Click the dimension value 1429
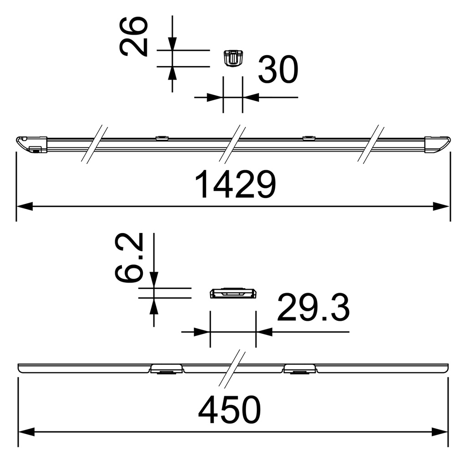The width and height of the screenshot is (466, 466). [x=235, y=185]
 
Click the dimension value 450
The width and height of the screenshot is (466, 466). [x=230, y=410]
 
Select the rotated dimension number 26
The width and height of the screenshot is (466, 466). [x=134, y=36]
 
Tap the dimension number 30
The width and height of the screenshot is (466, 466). [x=278, y=70]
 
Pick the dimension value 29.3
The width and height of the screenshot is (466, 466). [x=314, y=308]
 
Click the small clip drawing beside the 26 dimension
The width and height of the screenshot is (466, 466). [x=233, y=58]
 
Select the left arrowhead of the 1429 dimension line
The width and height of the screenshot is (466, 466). [x=25, y=207]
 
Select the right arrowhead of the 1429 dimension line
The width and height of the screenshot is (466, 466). [x=441, y=207]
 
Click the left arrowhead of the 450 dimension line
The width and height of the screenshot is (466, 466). [x=26, y=431]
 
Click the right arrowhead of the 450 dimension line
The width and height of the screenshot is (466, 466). [x=440, y=431]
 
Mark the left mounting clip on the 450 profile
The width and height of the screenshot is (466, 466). [x=167, y=369]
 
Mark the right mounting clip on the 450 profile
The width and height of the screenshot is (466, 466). [x=300, y=369]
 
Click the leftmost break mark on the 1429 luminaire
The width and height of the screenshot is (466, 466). [x=95, y=144]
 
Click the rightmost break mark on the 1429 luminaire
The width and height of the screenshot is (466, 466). [x=371, y=144]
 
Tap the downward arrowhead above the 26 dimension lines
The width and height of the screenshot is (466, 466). [x=172, y=44]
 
